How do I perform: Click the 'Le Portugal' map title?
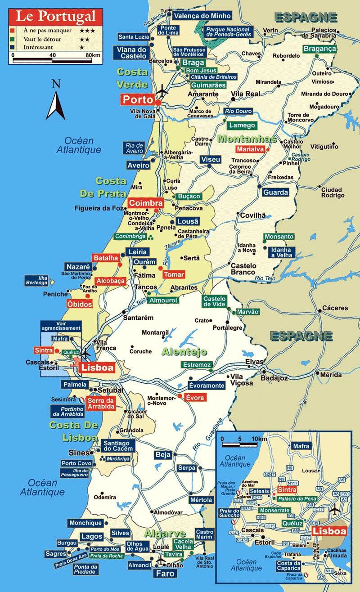56,17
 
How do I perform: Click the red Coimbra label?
144,203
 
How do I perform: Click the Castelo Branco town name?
243,269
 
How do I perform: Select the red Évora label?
195,398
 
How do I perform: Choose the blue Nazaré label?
78,266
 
